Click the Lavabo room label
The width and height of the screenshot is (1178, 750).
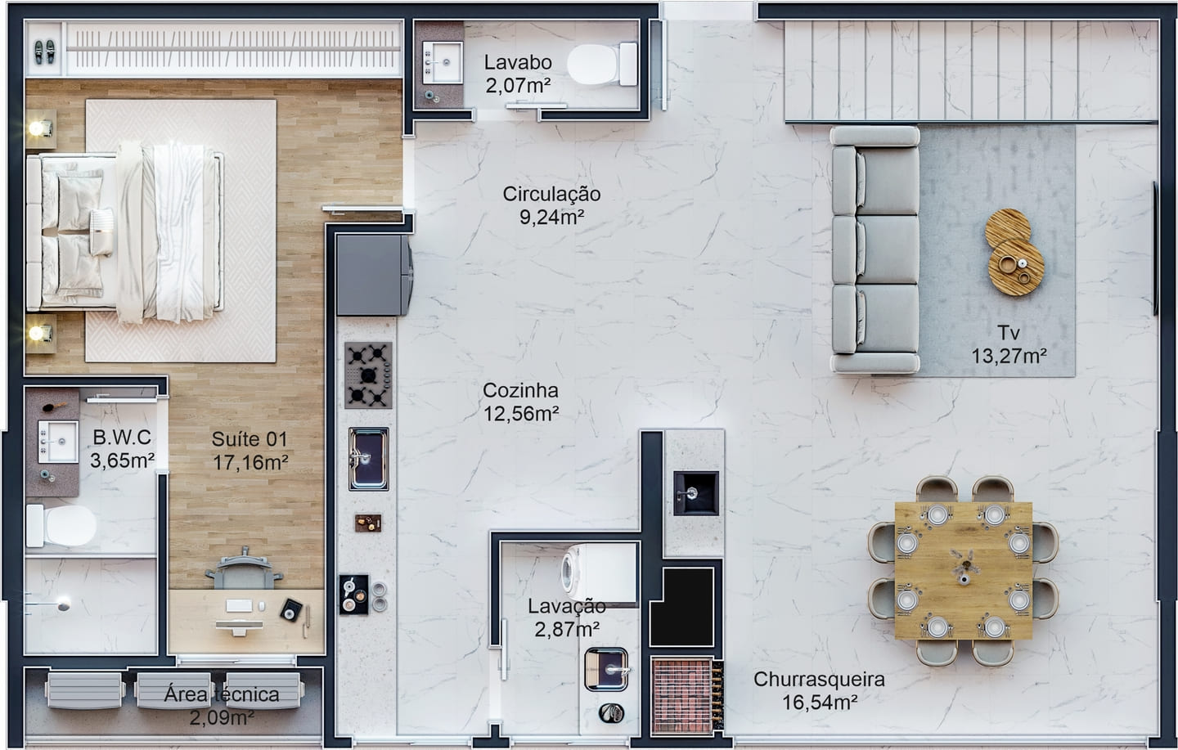click(x=518, y=63)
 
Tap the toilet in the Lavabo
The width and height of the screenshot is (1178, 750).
click(x=602, y=64)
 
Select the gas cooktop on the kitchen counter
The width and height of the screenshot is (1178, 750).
click(x=368, y=375)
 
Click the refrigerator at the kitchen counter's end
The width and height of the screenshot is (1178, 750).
click(x=374, y=275)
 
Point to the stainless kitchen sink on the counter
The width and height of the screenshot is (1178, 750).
click(x=369, y=459)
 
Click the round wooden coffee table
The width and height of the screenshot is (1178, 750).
click(x=1014, y=253)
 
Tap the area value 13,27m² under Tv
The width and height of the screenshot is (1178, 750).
click(x=1009, y=356)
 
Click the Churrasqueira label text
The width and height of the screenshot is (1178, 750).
click(x=819, y=679)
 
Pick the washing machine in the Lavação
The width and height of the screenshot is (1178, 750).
click(x=599, y=573)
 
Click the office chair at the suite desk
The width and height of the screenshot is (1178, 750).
click(x=244, y=569)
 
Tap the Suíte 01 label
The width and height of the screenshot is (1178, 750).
click(x=250, y=438)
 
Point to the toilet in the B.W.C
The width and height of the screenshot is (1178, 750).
click(x=61, y=526)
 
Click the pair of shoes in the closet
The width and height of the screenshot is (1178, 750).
click(x=45, y=52)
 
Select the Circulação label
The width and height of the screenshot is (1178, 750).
click(x=551, y=194)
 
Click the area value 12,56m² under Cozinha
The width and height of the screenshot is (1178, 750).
click(x=520, y=414)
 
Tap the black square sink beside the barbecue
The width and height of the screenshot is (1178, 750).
click(x=696, y=493)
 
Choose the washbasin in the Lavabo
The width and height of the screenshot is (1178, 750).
click(x=443, y=63)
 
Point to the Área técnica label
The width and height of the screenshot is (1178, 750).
click(x=222, y=694)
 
